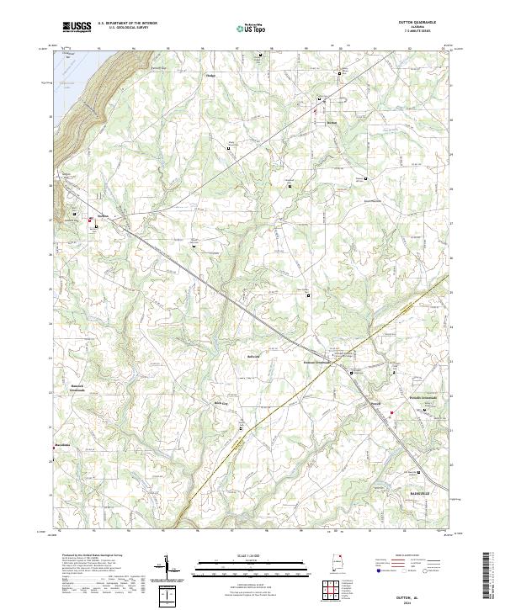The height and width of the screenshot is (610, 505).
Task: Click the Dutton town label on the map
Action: [332, 123]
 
